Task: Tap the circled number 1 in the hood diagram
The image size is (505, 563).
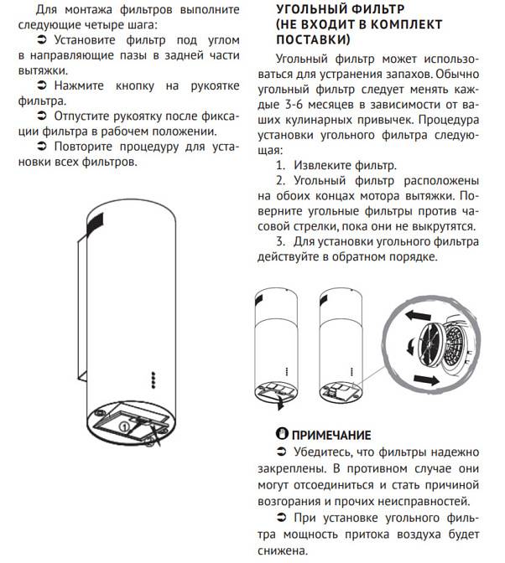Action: pos(123,426)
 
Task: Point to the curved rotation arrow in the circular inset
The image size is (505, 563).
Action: pos(409,345)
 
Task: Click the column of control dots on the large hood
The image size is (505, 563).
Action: pos(153,380)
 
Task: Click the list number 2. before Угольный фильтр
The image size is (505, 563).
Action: pos(281,181)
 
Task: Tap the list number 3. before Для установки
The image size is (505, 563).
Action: pos(281,241)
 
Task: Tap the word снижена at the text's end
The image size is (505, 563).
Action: pos(283,550)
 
